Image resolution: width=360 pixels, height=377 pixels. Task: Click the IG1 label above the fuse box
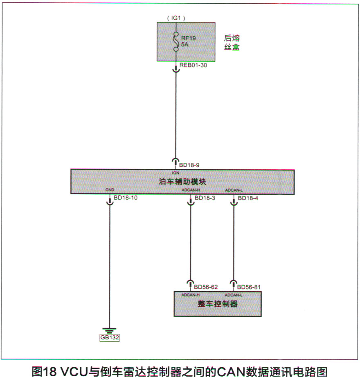click(176, 18)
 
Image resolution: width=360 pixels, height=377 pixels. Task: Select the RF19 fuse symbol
click(176, 42)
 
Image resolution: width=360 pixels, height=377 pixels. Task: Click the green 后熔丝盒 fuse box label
click(231, 43)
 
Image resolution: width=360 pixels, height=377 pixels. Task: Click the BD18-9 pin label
click(189, 165)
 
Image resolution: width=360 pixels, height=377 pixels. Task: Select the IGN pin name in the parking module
click(176, 173)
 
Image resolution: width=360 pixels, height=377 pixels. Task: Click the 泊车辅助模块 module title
click(182, 181)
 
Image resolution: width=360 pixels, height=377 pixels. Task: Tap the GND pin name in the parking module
click(110, 190)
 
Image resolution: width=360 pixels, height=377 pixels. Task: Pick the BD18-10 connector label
click(126, 198)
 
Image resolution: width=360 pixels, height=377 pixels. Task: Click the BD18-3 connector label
click(205, 198)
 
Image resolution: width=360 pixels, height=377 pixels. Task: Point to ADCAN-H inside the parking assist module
click(190, 190)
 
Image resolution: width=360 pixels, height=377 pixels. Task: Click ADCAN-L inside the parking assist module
click(234, 190)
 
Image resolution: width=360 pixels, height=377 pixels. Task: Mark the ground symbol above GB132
click(110, 330)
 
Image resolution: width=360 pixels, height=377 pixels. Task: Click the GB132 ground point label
click(110, 338)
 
